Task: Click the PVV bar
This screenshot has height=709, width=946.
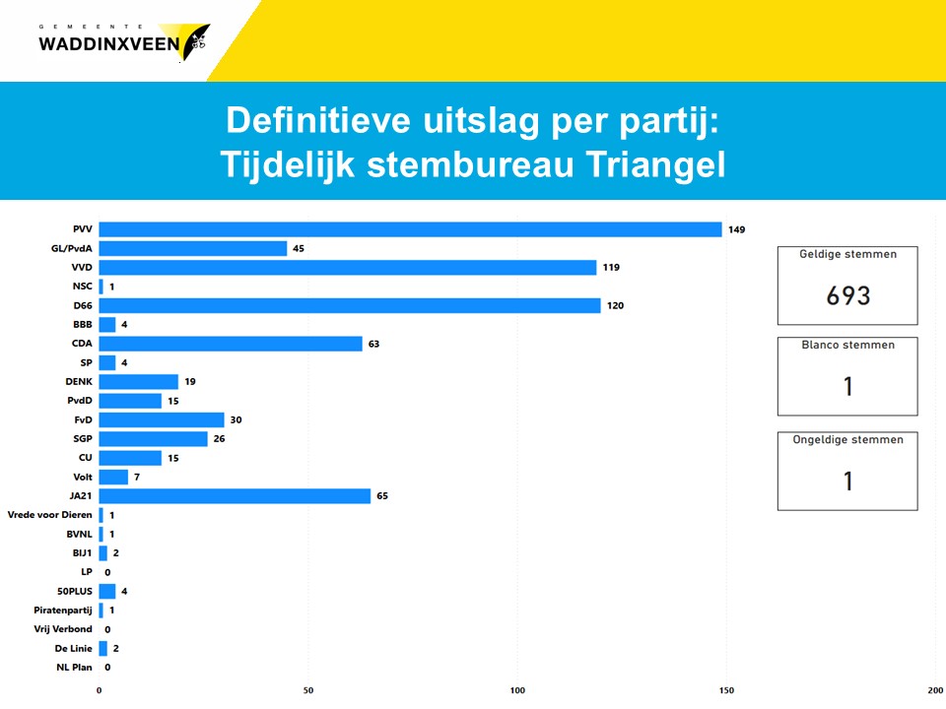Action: (410, 229)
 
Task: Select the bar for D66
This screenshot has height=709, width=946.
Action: (350, 305)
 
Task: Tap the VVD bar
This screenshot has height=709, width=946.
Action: (348, 268)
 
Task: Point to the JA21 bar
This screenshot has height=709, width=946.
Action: (235, 495)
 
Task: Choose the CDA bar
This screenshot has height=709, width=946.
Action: (231, 344)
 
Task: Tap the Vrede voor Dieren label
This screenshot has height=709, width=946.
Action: (49, 515)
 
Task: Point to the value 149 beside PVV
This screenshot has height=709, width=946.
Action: (737, 229)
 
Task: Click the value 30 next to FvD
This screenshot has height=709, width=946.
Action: (236, 419)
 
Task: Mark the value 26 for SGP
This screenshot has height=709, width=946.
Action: (219, 438)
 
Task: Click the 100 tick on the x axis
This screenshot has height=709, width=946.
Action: (517, 690)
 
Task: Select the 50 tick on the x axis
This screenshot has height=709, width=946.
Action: (308, 690)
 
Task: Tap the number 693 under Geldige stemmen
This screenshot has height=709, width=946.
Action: (847, 295)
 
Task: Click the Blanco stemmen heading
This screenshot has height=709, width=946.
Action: (847, 346)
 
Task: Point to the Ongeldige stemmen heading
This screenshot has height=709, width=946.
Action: (847, 440)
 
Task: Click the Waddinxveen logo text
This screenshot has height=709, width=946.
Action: (109, 43)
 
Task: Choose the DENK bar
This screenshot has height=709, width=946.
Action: (139, 381)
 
